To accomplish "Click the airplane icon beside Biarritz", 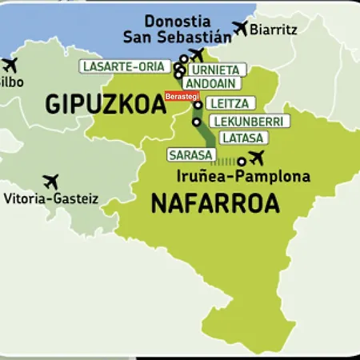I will pos(238,28).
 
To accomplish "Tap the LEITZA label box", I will pos(231,103).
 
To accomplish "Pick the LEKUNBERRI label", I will pos(247,122).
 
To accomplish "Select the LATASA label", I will pos(242,138).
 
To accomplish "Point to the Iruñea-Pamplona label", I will pos(242,177).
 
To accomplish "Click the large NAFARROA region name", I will pos(215,204).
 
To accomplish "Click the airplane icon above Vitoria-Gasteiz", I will pos(52,182).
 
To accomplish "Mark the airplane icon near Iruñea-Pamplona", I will pos(256,156).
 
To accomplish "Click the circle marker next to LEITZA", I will pos(198,105).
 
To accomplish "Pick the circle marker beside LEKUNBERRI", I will pos(197,122).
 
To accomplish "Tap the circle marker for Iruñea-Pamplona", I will pos(242,161).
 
